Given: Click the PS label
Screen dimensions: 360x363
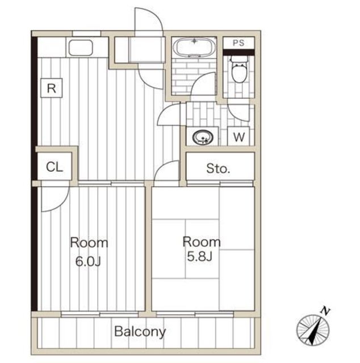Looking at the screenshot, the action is [238, 43].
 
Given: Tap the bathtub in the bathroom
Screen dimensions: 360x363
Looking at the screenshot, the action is [194, 47].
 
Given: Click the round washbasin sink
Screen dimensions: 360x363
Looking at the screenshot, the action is [203, 137].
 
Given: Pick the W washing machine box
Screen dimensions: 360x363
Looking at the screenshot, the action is [238, 136].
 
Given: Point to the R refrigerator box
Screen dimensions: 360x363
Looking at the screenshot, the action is [52, 88].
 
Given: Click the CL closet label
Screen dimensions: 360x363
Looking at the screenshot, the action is [55, 167].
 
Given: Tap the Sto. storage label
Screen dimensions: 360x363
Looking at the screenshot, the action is [218, 168].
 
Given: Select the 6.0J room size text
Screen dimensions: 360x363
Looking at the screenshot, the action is [88, 261].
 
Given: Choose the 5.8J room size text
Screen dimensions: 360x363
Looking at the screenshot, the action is [200, 256].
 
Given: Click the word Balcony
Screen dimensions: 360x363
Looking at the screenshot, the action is [140, 331].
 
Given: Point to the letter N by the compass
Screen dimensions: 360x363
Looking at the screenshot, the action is [326, 311].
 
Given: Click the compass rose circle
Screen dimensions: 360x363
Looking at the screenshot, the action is [313, 330].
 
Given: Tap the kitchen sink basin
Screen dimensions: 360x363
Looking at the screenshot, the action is [81, 48].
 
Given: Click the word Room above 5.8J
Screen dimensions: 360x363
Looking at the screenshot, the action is [201, 242].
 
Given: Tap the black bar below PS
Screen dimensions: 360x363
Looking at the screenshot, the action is [239, 52].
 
